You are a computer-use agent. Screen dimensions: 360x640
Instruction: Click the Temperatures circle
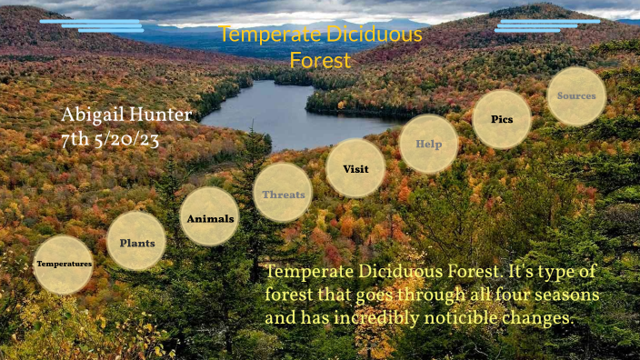(63, 264)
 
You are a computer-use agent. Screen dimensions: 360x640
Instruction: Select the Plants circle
(136, 242)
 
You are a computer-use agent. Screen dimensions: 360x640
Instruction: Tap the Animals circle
(209, 218)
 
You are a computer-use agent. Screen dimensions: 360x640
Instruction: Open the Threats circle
(283, 193)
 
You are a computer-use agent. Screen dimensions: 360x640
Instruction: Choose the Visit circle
(355, 168)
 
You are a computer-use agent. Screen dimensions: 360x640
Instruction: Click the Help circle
(428, 144)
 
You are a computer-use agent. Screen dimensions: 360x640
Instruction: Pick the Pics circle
(502, 119)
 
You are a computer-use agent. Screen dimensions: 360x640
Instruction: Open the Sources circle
(576, 95)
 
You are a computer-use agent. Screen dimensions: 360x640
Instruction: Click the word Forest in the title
(320, 61)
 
